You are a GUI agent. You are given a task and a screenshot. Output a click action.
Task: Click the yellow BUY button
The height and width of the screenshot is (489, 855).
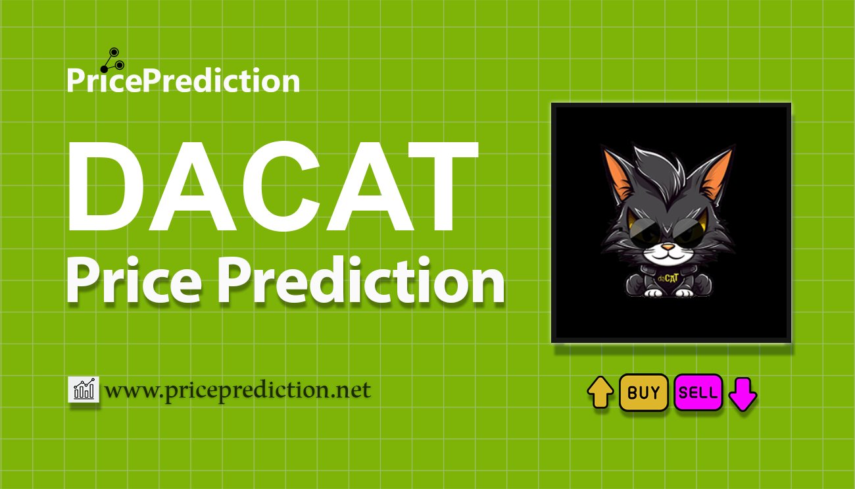[643, 393]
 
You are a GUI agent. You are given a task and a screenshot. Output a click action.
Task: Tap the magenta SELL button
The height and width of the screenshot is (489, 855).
[698, 393]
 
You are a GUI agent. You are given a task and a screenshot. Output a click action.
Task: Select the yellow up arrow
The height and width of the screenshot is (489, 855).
[600, 394]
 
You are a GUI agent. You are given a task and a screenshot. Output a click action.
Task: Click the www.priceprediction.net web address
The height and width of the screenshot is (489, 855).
[237, 390]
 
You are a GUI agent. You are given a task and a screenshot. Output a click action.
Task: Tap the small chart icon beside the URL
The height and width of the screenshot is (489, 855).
[84, 390]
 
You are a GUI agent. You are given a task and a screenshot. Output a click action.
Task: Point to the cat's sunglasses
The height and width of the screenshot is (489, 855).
[667, 230]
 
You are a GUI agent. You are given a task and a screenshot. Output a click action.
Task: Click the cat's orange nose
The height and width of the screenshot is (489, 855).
[668, 249]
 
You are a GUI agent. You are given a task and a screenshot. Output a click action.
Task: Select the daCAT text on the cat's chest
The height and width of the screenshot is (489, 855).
[668, 277]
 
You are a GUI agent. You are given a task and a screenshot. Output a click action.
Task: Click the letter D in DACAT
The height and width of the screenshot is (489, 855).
[109, 190]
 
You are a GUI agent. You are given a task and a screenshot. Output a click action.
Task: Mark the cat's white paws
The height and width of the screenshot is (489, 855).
[667, 292]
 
